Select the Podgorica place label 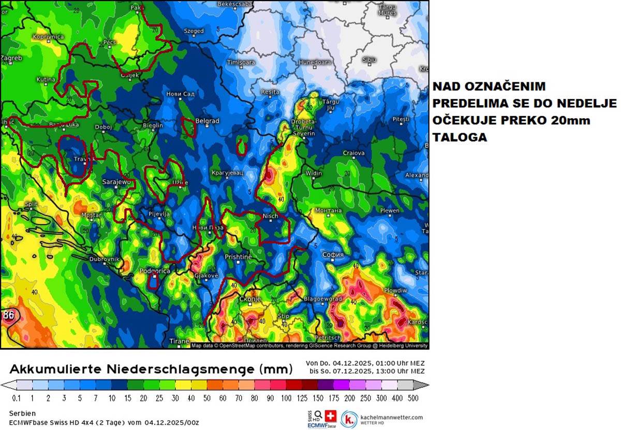click(155, 271)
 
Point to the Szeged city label click(194, 31)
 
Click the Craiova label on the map click(353, 153)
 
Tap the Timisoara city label click(241, 62)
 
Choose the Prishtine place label click(238, 257)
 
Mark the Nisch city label click(270, 216)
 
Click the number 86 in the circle click(8, 315)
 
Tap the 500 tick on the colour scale click(412, 398)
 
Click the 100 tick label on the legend click(286, 398)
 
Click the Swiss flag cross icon click(330, 415)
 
